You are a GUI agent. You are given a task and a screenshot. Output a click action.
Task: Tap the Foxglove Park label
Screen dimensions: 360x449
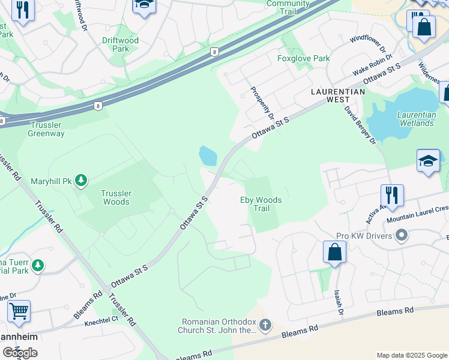click(x=304, y=59)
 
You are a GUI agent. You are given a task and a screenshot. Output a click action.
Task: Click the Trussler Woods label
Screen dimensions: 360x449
click(x=116, y=197)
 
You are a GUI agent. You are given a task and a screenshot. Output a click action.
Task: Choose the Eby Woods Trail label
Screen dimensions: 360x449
click(x=261, y=204)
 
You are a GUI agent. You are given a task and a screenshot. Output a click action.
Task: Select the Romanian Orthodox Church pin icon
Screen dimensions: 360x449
click(x=265, y=325)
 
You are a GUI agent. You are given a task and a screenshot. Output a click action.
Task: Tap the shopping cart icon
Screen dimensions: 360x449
click(x=19, y=311)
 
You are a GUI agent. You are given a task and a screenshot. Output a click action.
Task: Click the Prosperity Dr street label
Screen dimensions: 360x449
click(x=262, y=101)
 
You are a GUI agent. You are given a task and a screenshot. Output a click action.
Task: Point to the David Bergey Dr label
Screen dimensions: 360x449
click(x=360, y=125)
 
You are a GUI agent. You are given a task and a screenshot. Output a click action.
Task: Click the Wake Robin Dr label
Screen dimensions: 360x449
click(x=372, y=65)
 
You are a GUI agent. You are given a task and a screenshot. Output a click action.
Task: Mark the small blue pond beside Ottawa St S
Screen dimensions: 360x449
click(x=208, y=156)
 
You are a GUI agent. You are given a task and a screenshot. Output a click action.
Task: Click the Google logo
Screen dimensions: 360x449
click(x=20, y=353)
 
